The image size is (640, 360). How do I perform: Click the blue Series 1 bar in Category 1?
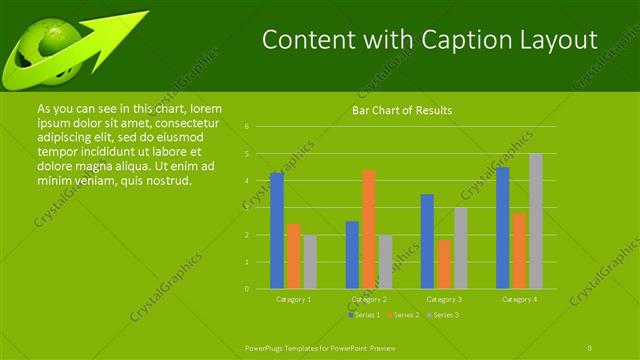click(277, 230)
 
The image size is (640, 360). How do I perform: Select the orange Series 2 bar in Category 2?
click(369, 229)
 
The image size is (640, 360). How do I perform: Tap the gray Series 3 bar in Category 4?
click(535, 221)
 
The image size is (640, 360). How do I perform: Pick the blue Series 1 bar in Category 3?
click(427, 241)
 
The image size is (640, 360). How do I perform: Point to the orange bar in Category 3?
click(444, 264)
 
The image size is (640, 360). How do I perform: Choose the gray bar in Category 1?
click(310, 262)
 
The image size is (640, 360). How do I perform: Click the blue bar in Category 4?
click(502, 228)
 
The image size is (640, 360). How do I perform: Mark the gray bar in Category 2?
click(385, 262)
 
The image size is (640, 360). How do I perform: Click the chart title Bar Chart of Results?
click(402, 110)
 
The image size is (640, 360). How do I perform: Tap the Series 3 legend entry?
click(444, 315)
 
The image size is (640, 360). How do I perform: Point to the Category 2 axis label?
click(369, 299)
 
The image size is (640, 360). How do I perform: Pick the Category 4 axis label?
click(518, 299)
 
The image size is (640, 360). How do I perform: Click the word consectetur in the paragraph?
click(188, 122)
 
